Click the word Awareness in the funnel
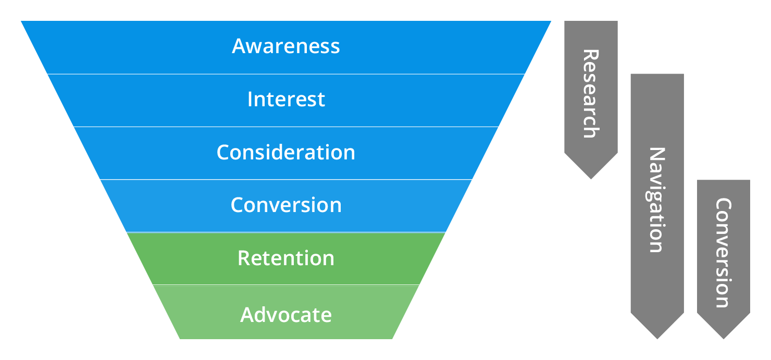point(285,46)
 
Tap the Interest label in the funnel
point(286,99)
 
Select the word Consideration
point(285,152)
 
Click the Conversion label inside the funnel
point(286,205)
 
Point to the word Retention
point(285,258)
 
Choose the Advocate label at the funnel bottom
point(286,315)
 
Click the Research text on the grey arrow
point(590,94)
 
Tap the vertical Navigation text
point(657,200)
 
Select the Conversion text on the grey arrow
point(723,253)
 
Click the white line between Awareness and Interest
point(285,74)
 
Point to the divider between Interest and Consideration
point(285,127)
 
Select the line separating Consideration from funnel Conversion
point(285,180)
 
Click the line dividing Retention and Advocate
point(285,285)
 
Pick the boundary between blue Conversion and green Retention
point(285,232)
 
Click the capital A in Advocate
point(247,315)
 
